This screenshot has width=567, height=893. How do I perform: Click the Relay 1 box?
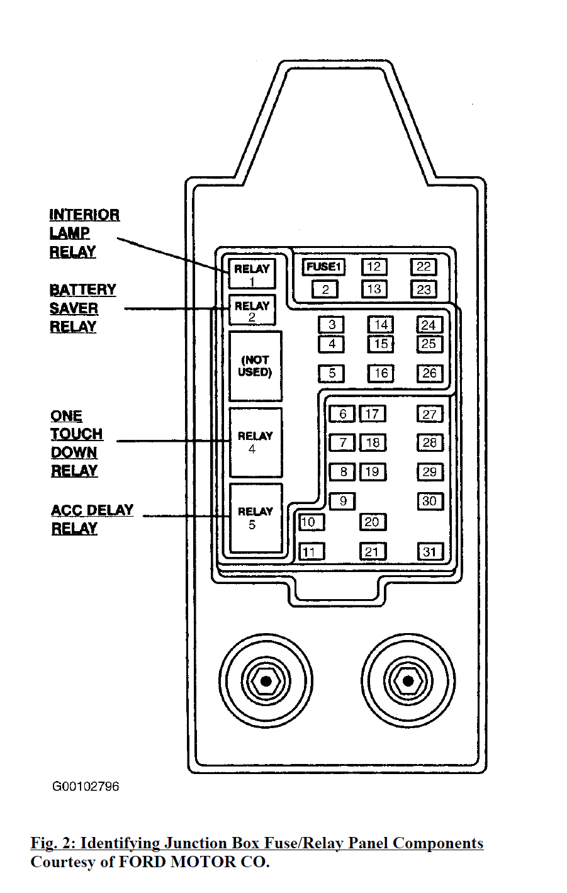coord(252,273)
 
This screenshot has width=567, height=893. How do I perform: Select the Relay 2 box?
coord(252,310)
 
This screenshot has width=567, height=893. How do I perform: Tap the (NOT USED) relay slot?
coord(255,366)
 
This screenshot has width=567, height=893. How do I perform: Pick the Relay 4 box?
coord(255,442)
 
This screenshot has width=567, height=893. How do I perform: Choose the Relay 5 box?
coord(255,518)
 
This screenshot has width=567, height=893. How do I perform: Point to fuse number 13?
coord(374,289)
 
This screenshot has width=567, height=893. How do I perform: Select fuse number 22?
coord(424,267)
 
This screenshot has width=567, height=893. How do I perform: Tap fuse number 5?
coord(332,373)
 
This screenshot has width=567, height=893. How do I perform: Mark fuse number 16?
coord(381,373)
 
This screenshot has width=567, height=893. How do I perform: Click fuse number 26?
coord(429,373)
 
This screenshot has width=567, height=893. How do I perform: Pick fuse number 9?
coord(342,501)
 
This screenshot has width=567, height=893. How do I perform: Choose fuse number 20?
coord(373,522)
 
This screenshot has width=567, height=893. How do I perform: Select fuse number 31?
coord(430,552)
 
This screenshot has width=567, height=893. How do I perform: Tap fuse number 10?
coord(310,522)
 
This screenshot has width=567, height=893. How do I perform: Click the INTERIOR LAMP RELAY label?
coord(84,233)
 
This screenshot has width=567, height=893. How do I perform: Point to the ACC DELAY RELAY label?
coord(92,519)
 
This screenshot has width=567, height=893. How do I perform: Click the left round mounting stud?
coord(266,681)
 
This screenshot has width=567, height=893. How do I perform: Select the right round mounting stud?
coord(408,681)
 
